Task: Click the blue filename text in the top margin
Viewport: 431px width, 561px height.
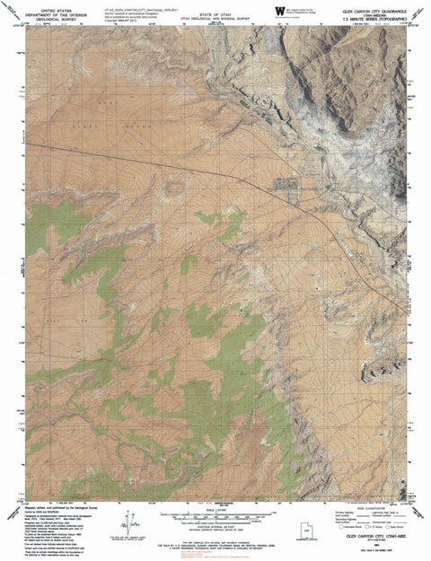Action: [x=135, y=7]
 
